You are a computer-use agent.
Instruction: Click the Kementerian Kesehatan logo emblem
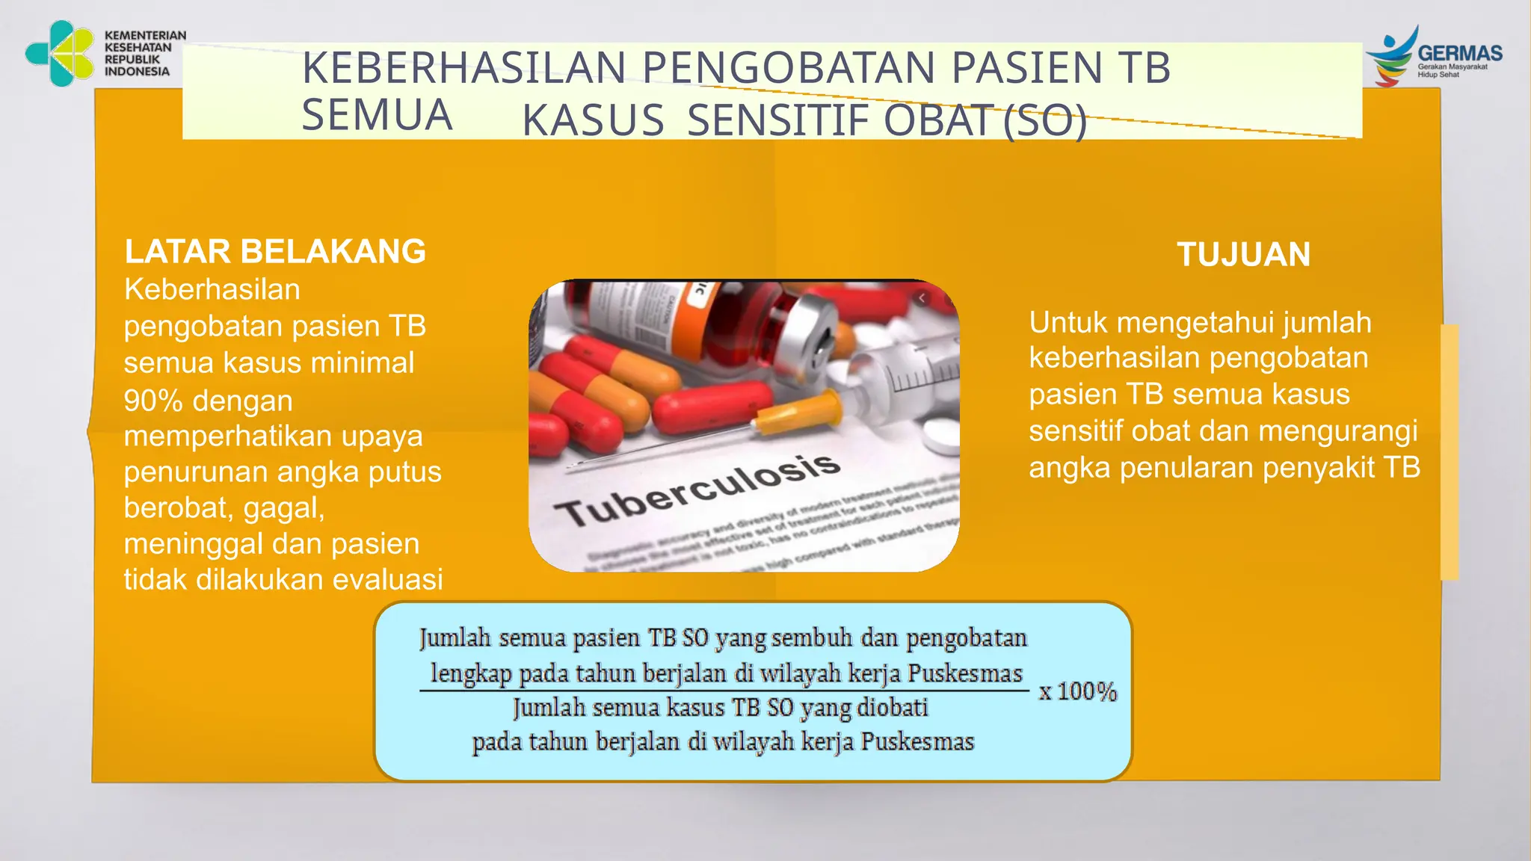click(60, 54)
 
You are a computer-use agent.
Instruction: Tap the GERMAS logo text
click(1459, 54)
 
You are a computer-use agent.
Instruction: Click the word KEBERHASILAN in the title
click(463, 68)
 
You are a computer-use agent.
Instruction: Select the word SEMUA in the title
click(377, 115)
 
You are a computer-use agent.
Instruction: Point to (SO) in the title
click(1044, 121)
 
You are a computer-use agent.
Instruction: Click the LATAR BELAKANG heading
click(275, 252)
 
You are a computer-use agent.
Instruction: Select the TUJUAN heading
click(1243, 255)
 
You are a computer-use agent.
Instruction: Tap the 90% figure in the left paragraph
click(153, 401)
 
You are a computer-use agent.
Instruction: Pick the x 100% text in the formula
click(1077, 691)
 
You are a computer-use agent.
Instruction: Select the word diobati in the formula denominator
click(892, 707)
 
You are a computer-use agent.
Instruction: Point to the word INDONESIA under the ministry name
click(137, 72)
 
